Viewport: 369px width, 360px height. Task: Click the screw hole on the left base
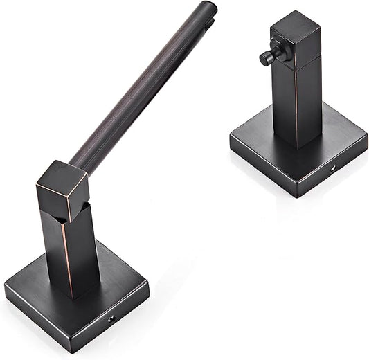click(111, 319)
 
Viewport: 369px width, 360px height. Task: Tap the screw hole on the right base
click(332, 168)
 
